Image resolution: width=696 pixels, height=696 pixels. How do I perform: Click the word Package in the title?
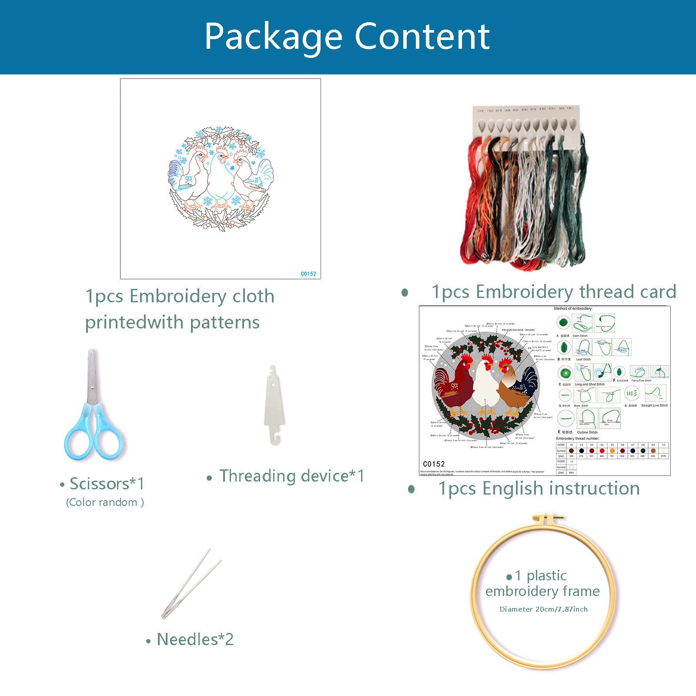click(x=273, y=37)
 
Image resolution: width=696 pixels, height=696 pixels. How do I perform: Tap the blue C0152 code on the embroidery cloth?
click(x=308, y=274)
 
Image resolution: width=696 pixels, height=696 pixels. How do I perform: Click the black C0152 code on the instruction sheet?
click(x=434, y=464)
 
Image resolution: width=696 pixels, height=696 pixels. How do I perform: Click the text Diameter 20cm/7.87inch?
click(x=543, y=609)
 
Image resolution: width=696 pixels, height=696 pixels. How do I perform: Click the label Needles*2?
click(x=195, y=639)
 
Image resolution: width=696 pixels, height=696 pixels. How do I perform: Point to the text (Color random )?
click(x=105, y=502)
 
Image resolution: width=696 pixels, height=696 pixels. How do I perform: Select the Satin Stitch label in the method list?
click(x=580, y=336)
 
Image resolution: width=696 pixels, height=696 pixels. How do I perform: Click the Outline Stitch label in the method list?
click(x=587, y=432)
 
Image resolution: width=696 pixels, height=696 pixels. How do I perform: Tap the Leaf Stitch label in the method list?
click(x=583, y=359)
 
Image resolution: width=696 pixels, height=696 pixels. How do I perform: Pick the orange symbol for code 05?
click(x=612, y=451)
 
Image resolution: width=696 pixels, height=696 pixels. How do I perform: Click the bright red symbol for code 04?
click(x=602, y=451)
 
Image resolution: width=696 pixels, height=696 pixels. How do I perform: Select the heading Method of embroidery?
click(x=573, y=308)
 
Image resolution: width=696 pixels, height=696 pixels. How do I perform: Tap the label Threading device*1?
click(x=291, y=476)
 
